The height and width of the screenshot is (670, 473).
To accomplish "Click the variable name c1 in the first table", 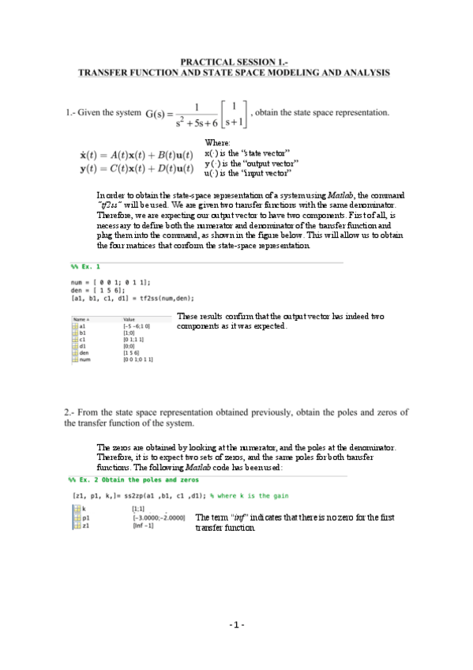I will tap(82, 338).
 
